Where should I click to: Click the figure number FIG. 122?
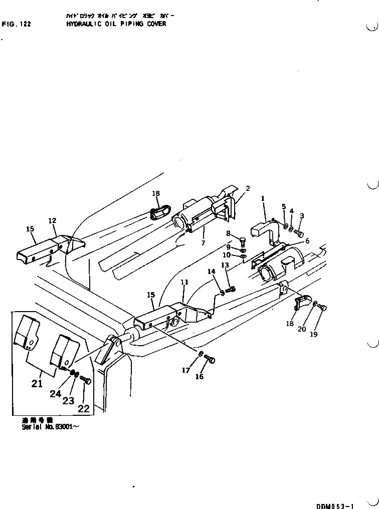pos(16,24)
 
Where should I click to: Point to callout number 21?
pos(37,384)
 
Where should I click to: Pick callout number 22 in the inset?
pos(84,408)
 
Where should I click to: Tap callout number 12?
pos(52,220)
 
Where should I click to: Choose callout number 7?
pos(204,243)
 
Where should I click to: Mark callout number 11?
pos(184,283)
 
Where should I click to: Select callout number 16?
pos(200,377)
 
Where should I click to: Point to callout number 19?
pos(313,335)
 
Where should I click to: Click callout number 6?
pos(307,241)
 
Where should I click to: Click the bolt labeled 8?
pos(243,239)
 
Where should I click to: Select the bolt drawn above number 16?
pos(211,359)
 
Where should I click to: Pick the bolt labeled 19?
pos(323,308)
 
